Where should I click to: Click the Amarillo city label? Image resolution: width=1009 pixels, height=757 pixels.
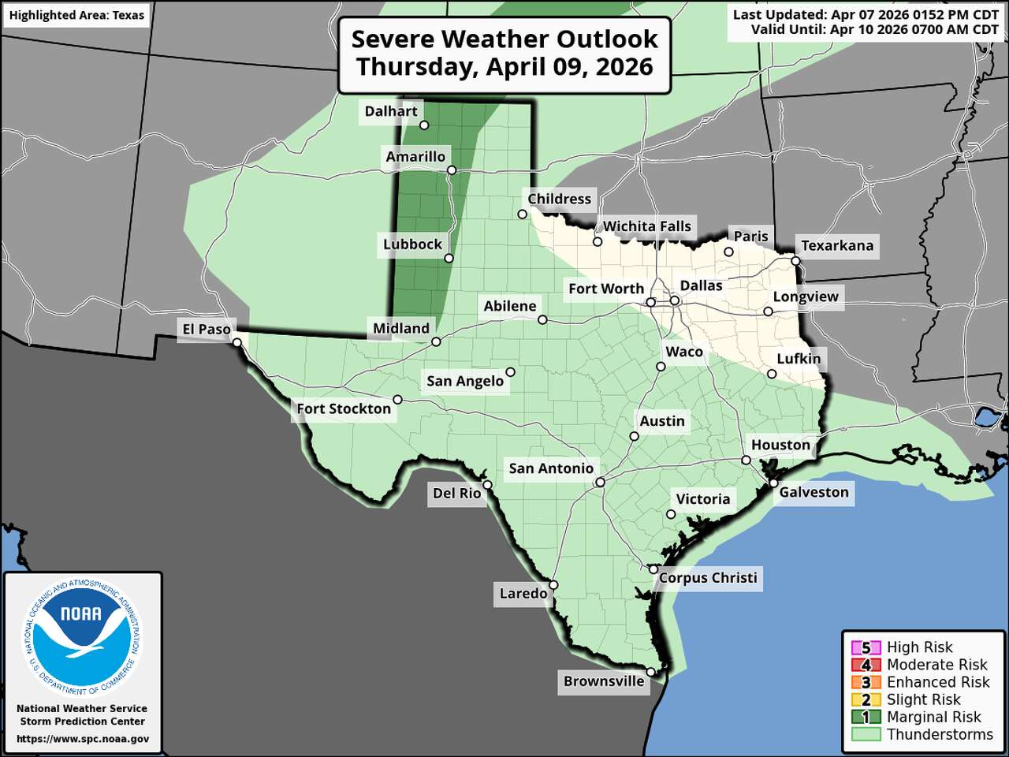[415, 157]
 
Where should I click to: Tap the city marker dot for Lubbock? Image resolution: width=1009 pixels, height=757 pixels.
[449, 258]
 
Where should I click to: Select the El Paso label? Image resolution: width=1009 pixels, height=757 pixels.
[207, 330]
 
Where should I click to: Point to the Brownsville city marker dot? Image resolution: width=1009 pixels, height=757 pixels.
[651, 671]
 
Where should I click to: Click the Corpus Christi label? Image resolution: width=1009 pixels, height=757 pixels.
[708, 578]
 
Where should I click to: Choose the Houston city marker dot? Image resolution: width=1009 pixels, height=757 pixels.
[746, 460]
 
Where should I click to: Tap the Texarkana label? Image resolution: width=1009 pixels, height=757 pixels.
[837, 246]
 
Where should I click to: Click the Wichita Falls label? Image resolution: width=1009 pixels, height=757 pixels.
[646, 227]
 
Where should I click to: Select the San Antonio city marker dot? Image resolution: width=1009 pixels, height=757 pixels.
[600, 482]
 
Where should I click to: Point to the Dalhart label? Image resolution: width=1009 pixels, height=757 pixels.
[391, 112]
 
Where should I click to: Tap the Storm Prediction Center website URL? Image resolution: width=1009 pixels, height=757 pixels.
[83, 739]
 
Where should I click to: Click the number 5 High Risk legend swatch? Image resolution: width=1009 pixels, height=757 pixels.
[866, 648]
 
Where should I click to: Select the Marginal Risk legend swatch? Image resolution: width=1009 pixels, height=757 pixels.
[866, 718]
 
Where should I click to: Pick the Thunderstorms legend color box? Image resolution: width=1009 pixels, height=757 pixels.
[866, 735]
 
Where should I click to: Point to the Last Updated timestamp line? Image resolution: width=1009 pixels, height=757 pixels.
[865, 15]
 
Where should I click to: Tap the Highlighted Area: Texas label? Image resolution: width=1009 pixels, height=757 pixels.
[76, 15]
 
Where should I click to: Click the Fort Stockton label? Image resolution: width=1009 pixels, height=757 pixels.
[344, 409]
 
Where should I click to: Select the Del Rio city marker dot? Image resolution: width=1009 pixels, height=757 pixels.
[487, 485]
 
